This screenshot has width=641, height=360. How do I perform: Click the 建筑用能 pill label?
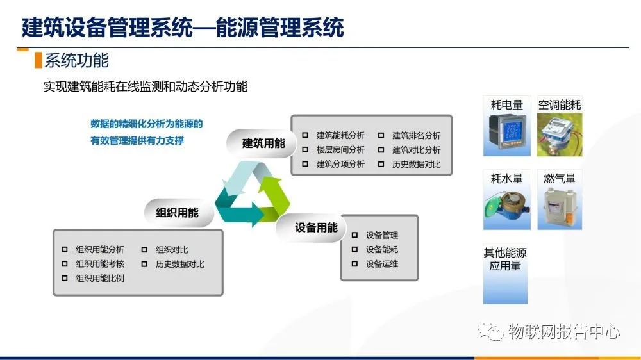(263, 143)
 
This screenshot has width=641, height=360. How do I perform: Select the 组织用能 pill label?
(177, 213)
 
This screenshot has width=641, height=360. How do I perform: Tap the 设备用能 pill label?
(316, 227)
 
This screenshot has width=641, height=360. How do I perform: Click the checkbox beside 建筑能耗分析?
(305, 135)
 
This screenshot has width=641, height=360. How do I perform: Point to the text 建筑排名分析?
(416, 135)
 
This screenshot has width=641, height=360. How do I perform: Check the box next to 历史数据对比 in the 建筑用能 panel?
(381, 164)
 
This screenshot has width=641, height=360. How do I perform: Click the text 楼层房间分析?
(340, 150)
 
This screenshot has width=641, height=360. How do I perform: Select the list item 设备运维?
(382, 264)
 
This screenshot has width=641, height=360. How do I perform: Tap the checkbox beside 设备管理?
(354, 235)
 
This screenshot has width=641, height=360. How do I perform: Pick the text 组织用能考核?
(100, 264)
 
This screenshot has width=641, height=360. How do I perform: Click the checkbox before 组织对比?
(144, 249)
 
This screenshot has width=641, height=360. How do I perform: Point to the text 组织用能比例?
(100, 278)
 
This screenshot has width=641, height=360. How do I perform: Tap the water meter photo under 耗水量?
(506, 207)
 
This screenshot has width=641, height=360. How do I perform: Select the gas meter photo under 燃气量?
(560, 207)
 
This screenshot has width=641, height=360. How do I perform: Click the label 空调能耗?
(559, 105)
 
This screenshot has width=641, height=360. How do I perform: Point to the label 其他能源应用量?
(505, 259)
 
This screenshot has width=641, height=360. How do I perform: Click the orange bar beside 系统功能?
(38, 60)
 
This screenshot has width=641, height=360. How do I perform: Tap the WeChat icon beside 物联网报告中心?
(490, 331)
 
